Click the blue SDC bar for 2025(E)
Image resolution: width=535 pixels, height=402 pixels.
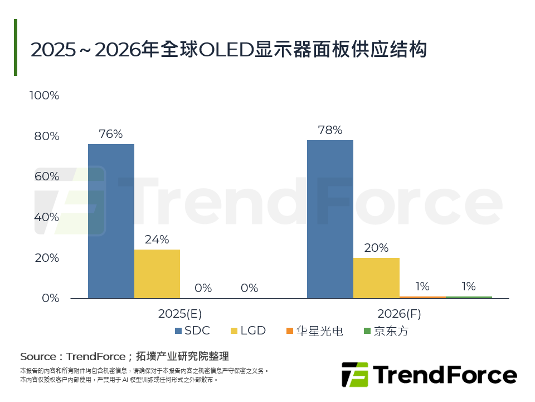pyautogui.click(x=111, y=221)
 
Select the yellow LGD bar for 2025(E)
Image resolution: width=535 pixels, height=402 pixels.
pyautogui.click(x=157, y=274)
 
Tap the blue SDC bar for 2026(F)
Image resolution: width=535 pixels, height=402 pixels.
pyautogui.click(x=330, y=219)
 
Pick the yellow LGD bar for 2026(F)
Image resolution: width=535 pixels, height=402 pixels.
pyautogui.click(x=376, y=277)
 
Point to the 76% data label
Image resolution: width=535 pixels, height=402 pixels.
pyautogui.click(x=110, y=134)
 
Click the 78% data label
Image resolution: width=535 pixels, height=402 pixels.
pyautogui.click(x=329, y=130)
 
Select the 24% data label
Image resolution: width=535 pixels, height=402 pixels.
pyautogui.click(x=157, y=240)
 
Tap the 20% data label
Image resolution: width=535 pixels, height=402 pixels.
pyautogui.click(x=376, y=248)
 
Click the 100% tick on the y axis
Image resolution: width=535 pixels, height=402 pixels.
pyautogui.click(x=44, y=95)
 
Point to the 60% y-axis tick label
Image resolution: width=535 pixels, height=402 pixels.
pyautogui.click(x=46, y=176)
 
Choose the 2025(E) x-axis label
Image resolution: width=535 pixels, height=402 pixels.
pyautogui.click(x=180, y=314)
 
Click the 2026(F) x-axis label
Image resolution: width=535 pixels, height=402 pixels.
pyautogui.click(x=399, y=314)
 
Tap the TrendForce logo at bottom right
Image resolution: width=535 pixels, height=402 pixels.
pyautogui.click(x=429, y=375)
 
